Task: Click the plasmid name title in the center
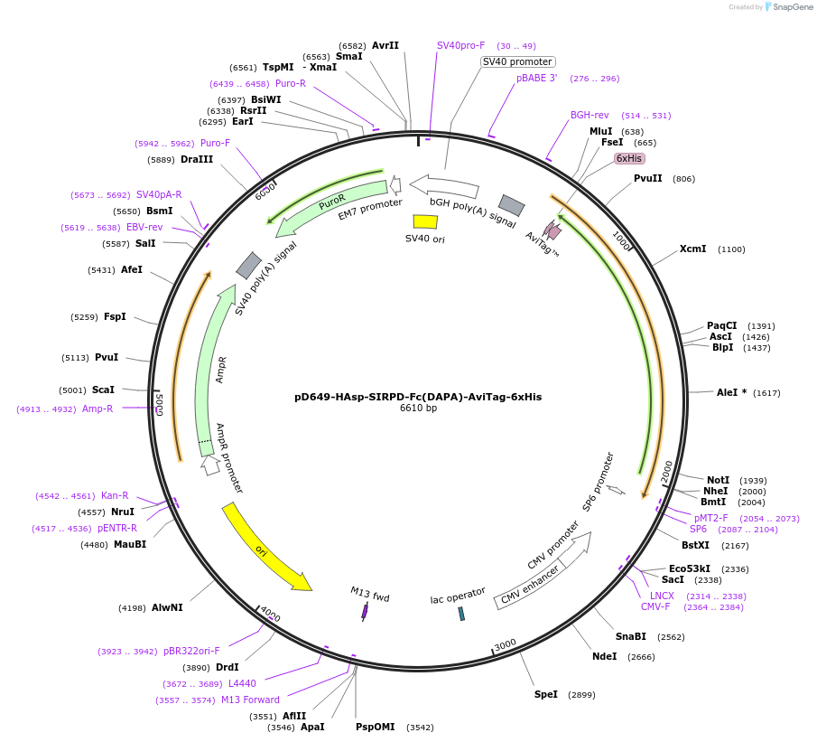418,397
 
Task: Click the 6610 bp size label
418,409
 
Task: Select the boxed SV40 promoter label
517,61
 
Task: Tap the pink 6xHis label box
629,158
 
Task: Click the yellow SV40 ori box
425,221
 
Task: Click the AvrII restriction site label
385,45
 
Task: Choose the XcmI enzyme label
693,249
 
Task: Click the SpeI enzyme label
546,694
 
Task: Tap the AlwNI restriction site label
167,607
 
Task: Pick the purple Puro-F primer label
215,143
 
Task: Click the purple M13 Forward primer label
250,700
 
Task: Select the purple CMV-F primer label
655,606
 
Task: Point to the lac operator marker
461,614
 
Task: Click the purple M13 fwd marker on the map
365,612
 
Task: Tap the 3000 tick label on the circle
505,643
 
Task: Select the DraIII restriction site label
197,159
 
